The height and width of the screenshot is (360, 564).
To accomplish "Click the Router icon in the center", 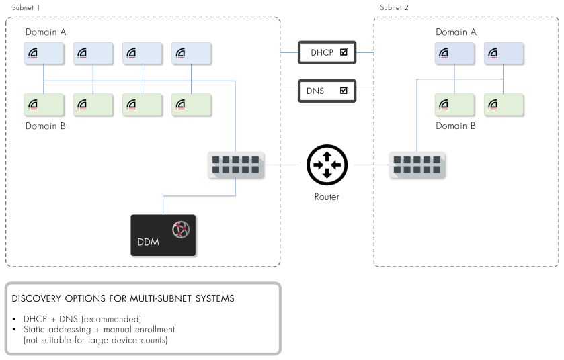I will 326,165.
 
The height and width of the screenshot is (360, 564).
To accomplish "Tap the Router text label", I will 326,197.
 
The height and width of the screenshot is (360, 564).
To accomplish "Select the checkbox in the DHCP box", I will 344,52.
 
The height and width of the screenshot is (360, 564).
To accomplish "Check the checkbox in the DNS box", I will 344,90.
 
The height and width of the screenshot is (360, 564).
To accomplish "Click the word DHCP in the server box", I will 321,52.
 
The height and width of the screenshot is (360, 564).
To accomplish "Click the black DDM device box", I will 163,235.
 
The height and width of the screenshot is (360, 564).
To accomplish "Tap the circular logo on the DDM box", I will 179,229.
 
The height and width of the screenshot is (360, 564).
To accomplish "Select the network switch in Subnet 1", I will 235,165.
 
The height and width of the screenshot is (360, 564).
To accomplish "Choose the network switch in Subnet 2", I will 417,165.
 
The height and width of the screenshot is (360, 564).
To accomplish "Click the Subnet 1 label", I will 26,7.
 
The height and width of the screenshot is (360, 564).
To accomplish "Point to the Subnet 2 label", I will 394,7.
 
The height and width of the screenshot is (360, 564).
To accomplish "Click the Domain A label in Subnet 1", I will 46,32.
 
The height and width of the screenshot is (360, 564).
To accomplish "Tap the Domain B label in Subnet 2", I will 456,126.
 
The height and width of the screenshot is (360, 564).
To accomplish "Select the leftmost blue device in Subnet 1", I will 44,53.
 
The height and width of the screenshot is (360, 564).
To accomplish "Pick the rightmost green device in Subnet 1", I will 192,104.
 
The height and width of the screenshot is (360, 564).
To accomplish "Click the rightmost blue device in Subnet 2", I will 503,53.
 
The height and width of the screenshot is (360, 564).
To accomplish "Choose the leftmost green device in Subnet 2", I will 454,104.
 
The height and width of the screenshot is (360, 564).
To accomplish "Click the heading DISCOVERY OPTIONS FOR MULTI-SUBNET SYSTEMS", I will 123,298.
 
